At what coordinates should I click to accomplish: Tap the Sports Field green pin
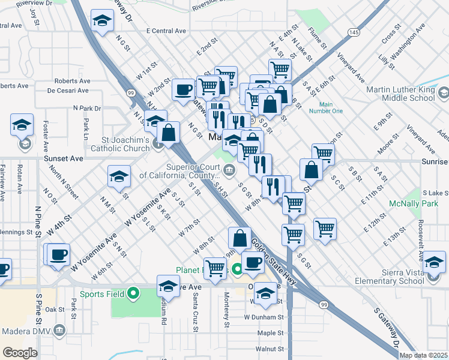[134, 294]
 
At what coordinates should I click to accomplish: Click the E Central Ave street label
[166, 31]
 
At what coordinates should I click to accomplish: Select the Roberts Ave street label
[71, 81]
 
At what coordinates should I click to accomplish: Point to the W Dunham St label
[263, 317]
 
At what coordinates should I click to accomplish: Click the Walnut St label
[268, 349]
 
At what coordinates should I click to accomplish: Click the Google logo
[20, 353]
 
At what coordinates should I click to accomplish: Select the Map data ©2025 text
[424, 355]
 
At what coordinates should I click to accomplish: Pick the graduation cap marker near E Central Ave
[103, 22]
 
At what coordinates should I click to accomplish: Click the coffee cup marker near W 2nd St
[183, 89]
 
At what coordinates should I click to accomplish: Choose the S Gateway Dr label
[388, 328]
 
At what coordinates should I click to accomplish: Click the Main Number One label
[326, 107]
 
